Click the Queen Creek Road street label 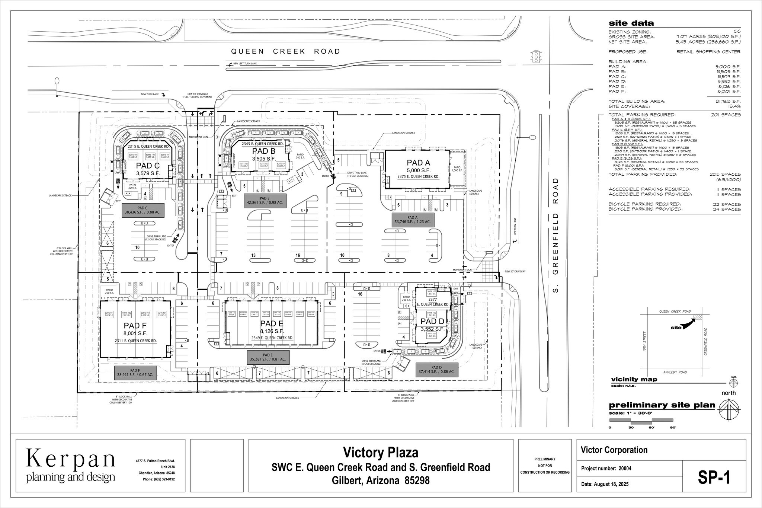coord(285,51)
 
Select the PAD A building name coord(418,163)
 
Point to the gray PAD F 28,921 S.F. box coord(135,373)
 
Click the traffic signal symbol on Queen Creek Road coord(536,57)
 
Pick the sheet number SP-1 coord(714,478)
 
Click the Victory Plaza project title coord(380,453)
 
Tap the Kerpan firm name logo coord(71,460)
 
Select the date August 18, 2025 coord(605,485)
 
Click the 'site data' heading coord(631,23)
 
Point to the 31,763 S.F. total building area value coord(727,101)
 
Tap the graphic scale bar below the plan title coord(641,421)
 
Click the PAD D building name coord(432,321)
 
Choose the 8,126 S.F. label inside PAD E coord(272,331)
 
